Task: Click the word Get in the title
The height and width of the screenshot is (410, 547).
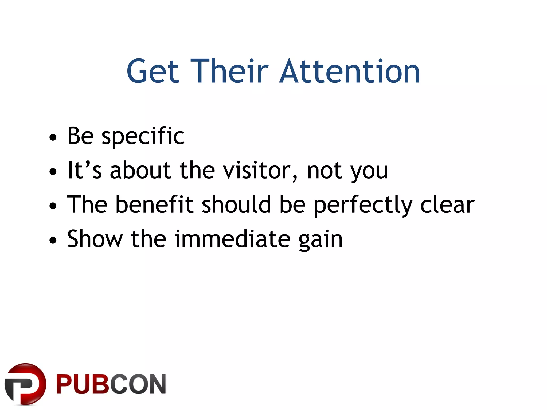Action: pos(153,72)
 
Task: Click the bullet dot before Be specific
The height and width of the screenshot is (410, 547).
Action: pos(53,137)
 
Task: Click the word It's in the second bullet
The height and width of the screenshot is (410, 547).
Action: pos(84,170)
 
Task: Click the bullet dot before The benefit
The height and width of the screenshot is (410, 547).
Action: pos(53,206)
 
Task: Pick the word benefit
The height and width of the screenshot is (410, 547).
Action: pos(154,204)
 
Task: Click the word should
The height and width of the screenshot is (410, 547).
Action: pos(236,204)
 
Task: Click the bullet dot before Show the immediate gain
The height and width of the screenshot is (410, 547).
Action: pos(53,240)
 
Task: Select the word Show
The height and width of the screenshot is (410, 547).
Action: pos(95,239)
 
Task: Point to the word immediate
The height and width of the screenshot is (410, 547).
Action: pos(232,239)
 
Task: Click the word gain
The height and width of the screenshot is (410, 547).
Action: pos(320,240)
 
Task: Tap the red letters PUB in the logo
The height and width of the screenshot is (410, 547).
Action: pos(83,384)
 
